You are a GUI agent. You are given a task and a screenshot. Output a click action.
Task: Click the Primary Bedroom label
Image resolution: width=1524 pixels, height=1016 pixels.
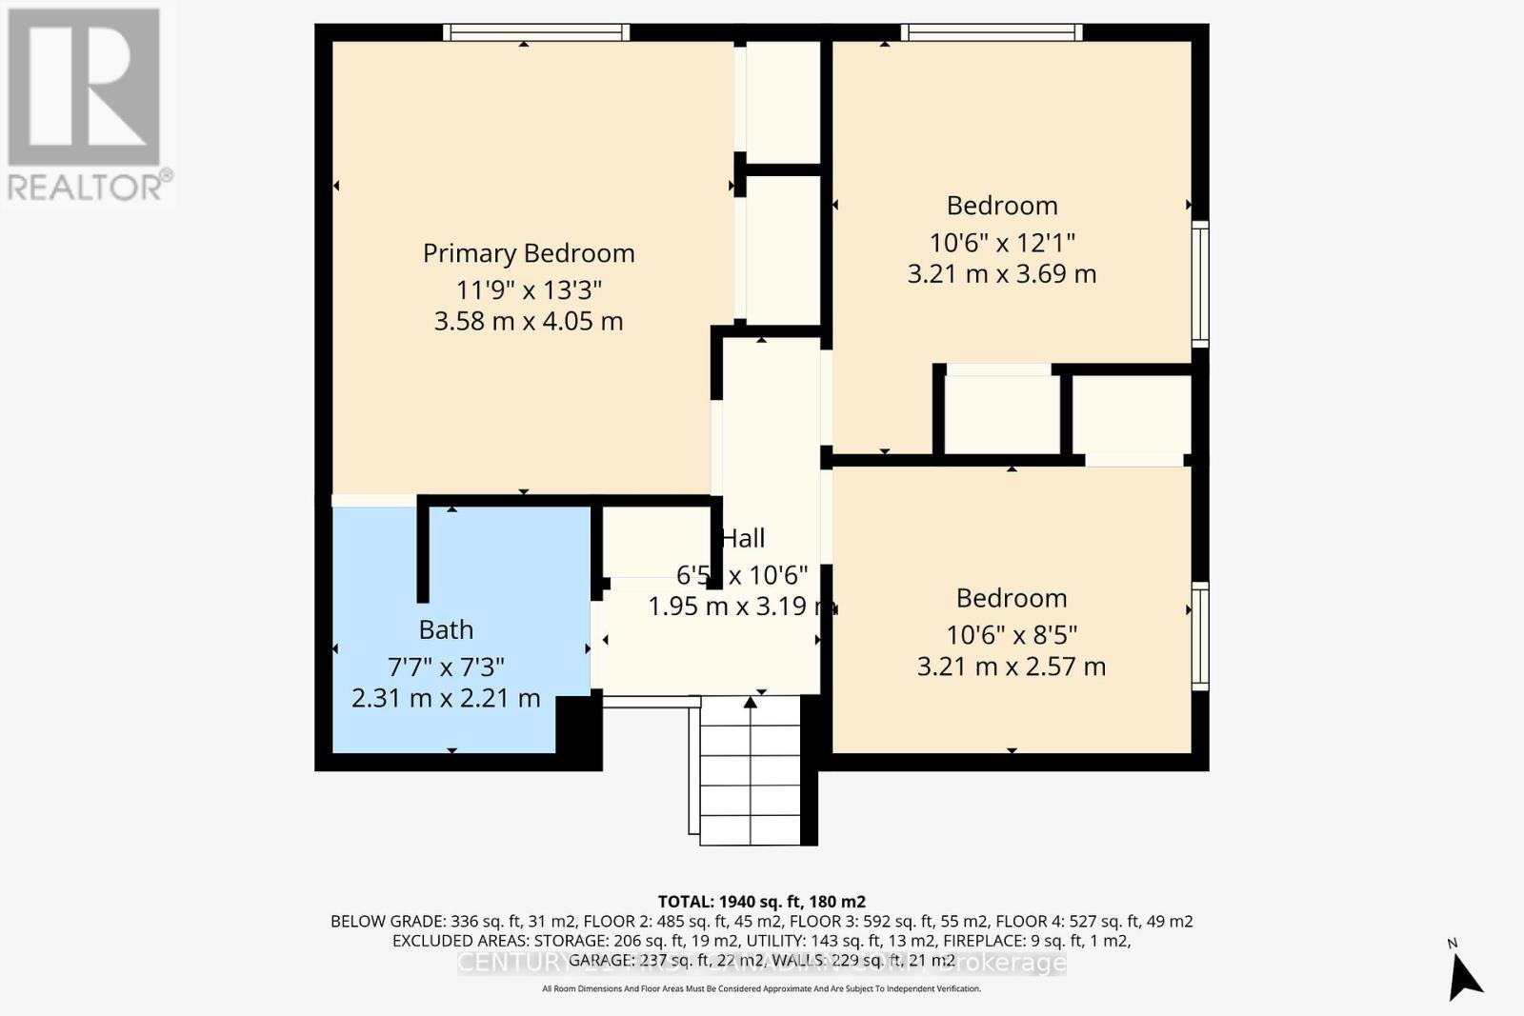(x=529, y=253)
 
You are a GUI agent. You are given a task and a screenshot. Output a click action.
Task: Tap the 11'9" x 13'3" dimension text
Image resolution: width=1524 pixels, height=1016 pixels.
(x=529, y=289)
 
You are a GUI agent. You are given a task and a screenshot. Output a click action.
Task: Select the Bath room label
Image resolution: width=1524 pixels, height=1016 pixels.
(x=446, y=630)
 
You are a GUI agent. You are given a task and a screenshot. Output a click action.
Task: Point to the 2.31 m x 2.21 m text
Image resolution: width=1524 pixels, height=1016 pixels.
(x=446, y=698)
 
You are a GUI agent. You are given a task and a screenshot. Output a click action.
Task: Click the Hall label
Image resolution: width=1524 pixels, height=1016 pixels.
(x=743, y=539)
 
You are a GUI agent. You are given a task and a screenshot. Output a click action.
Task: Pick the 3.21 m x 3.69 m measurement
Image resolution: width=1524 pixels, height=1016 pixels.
(x=1002, y=274)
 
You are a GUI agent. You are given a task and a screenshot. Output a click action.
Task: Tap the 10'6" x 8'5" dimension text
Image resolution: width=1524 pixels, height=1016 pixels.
(x=1012, y=634)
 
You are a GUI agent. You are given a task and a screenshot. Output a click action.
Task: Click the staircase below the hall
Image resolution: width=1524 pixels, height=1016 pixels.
(x=751, y=771)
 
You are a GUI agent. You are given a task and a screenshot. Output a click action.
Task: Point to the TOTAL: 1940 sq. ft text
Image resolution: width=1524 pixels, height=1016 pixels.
(x=761, y=901)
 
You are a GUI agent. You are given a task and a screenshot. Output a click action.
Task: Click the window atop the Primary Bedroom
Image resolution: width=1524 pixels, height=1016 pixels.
(x=536, y=32)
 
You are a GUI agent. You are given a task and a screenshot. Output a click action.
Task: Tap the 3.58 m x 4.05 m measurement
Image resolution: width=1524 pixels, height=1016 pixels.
(x=529, y=322)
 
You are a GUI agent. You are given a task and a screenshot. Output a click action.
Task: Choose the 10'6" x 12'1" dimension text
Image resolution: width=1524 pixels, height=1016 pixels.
(x=1002, y=242)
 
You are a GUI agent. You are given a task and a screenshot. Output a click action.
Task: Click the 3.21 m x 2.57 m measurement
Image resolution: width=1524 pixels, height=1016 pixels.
(x=1012, y=667)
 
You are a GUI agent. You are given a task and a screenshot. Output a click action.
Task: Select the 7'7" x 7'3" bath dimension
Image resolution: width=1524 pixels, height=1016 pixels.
(x=446, y=666)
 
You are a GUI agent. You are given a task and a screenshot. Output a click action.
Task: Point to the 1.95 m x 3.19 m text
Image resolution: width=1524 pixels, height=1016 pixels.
(x=741, y=607)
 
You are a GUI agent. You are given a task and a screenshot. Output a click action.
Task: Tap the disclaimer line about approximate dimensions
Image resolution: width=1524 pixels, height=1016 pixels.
(x=761, y=989)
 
